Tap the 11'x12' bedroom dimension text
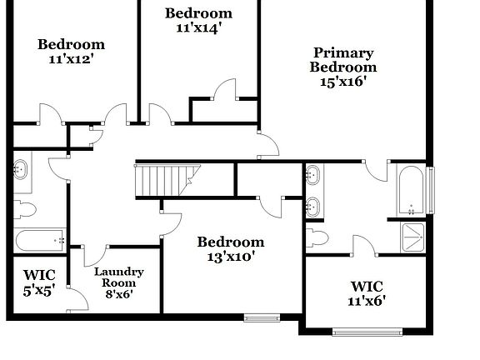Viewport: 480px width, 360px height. point(71,60)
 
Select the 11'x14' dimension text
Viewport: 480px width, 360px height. point(198,27)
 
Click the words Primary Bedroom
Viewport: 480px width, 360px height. point(343,60)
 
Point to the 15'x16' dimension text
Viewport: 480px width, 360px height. point(343,82)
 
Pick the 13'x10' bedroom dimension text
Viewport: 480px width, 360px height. point(230,257)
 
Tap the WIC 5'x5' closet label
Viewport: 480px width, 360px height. point(38,282)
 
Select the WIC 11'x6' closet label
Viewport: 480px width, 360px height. point(367,292)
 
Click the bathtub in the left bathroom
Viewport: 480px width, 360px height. point(40,240)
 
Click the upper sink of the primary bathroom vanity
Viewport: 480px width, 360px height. point(312,176)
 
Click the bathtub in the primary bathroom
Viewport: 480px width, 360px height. point(411,190)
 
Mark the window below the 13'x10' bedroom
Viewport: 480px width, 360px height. point(262,317)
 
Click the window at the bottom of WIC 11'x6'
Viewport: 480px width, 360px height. point(367,332)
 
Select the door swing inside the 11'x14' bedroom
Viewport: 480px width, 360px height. point(226,89)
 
